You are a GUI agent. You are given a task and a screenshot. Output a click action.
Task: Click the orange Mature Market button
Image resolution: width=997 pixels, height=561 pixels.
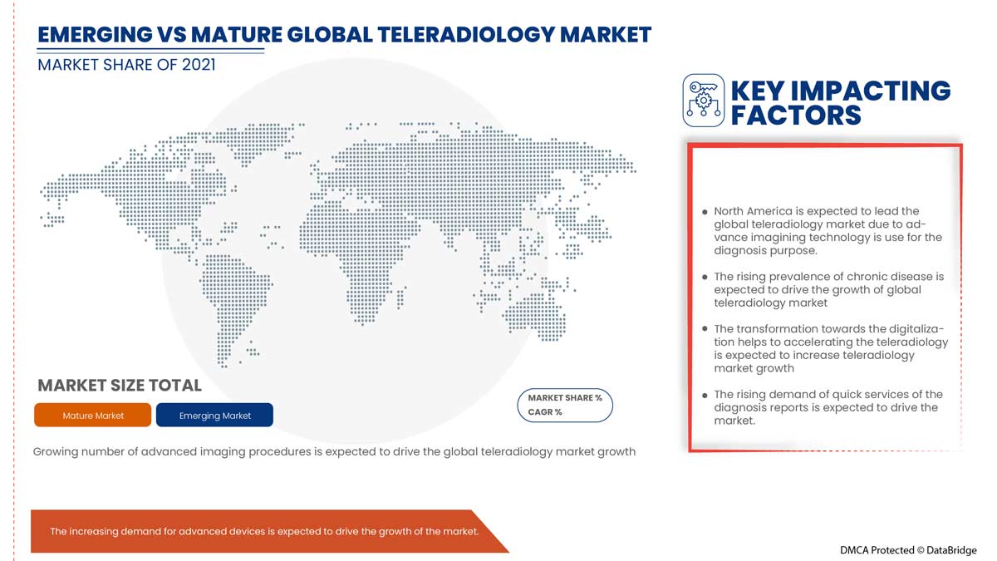pyautogui.click(x=92, y=415)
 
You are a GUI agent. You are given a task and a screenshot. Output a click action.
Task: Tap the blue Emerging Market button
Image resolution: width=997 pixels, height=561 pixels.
pyautogui.click(x=214, y=415)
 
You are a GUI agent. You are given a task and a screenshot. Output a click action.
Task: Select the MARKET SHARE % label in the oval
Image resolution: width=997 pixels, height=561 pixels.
pyautogui.click(x=565, y=397)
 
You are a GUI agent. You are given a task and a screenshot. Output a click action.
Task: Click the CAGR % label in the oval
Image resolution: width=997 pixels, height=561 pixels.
pyautogui.click(x=545, y=412)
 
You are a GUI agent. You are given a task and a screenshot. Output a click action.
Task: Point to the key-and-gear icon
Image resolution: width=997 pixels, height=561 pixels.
pyautogui.click(x=703, y=101)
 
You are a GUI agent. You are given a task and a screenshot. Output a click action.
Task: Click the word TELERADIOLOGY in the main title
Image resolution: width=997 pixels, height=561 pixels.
pyautogui.click(x=465, y=35)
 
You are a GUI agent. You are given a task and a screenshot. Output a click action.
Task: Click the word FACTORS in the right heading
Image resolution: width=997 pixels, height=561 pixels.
pyautogui.click(x=796, y=116)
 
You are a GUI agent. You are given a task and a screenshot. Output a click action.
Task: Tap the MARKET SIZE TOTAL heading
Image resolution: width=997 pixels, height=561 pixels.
pyautogui.click(x=120, y=385)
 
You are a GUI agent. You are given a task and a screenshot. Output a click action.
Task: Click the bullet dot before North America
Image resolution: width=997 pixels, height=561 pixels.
pyautogui.click(x=705, y=212)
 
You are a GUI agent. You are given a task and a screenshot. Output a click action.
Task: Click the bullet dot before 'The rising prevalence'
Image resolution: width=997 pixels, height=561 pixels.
pyautogui.click(x=705, y=277)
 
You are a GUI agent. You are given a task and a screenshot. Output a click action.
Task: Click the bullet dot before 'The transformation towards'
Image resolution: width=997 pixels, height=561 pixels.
pyautogui.click(x=705, y=329)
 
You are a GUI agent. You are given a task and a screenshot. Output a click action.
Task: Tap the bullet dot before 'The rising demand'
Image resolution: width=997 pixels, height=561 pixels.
pyautogui.click(x=705, y=395)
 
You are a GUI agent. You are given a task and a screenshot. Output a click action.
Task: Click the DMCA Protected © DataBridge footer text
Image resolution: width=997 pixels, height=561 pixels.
pyautogui.click(x=908, y=550)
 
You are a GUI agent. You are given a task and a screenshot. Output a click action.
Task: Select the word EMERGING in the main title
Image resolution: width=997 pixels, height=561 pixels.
pyautogui.click(x=96, y=35)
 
